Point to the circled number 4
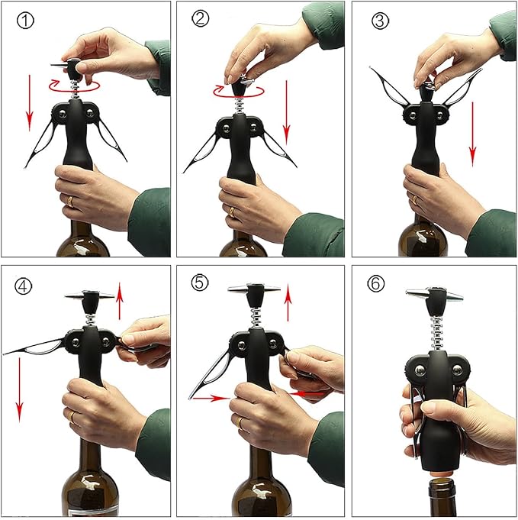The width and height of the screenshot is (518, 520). point(24,286)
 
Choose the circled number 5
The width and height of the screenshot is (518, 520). point(199,283)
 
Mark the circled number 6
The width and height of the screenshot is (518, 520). point(376,284)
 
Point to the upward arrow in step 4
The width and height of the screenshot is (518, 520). point(120,299)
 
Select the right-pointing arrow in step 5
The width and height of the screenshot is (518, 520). point(208,397)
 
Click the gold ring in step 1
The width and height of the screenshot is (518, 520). point(70,202)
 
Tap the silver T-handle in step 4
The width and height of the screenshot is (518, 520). point(88,295)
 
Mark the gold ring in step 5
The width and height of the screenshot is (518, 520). point(241,422)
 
